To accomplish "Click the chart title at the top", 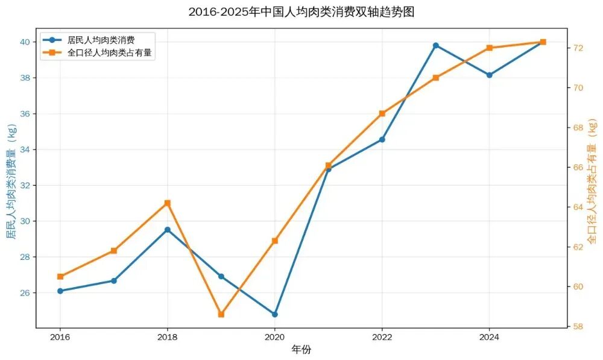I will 301,11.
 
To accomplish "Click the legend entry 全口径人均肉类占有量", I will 109,52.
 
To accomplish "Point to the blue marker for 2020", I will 275,314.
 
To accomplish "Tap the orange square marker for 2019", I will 221,314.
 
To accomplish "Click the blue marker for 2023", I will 436,45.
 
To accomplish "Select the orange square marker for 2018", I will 168,203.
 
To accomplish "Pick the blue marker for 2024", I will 490,75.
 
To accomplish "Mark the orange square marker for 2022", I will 382,113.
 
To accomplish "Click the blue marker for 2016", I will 60,291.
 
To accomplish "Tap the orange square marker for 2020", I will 275,241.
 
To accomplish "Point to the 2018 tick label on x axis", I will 167,335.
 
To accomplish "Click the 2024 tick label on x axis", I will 490,335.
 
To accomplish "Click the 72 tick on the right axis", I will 577,48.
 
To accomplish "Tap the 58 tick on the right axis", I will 577,326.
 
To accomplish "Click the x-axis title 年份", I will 301,349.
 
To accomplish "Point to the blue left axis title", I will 11,181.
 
